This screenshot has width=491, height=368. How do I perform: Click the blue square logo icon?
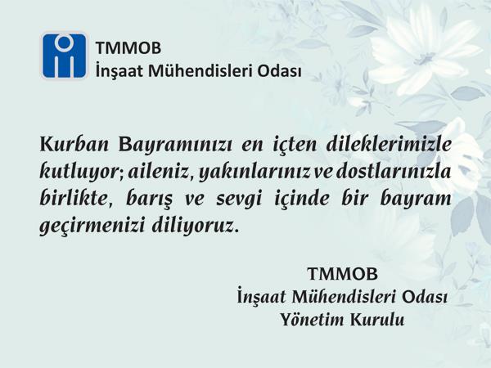[64, 56]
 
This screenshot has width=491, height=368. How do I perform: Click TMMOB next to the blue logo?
[128, 48]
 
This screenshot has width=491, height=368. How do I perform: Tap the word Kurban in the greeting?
[74, 145]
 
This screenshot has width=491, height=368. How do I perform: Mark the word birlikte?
[74, 199]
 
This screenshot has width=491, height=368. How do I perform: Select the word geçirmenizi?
[92, 227]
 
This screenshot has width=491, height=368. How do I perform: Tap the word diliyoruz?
[193, 226]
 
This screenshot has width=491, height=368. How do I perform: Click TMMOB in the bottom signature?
[343, 274]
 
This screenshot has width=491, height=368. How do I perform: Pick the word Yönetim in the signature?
[312, 320]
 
